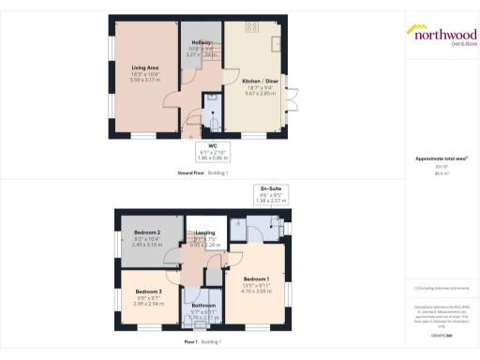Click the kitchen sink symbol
click(277, 42)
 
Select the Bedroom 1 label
click(257, 278)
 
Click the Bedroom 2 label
click(147, 232)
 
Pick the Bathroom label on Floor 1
click(204, 306)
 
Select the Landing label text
click(203, 234)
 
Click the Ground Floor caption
click(190, 172)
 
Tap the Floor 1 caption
click(190, 341)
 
